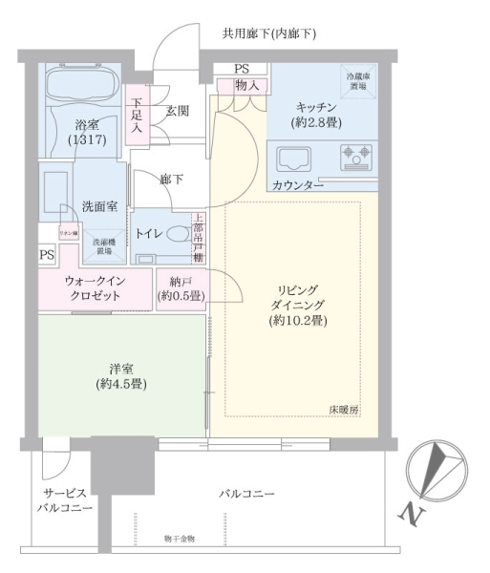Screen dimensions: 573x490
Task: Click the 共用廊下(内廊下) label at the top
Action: coord(268,34)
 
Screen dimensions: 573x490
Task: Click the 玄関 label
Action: coord(177,111)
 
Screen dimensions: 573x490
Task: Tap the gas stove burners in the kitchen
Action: coord(358,155)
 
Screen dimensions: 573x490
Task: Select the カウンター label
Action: coord(297,184)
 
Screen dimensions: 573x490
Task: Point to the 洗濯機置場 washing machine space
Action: coord(104,246)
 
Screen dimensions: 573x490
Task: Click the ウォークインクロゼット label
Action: coord(94,288)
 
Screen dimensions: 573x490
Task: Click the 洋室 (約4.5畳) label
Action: coord(120,373)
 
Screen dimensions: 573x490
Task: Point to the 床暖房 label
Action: coord(343,409)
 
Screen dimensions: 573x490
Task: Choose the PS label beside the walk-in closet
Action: coord(47,255)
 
